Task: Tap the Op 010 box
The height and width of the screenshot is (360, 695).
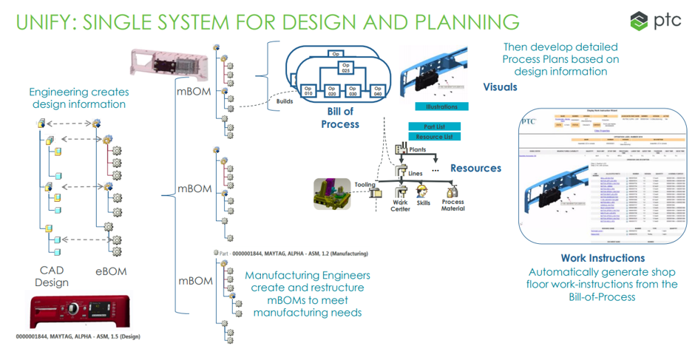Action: coord(309,93)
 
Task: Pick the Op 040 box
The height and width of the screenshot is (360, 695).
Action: coord(378,93)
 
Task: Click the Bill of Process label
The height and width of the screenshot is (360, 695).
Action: coord(339,118)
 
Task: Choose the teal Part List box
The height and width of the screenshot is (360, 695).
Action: coord(435,126)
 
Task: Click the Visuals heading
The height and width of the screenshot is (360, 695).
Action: coord(500,87)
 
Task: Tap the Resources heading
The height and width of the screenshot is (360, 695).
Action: coord(475,168)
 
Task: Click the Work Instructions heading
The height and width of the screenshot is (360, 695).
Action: coord(603,258)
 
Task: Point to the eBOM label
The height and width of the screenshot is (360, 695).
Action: coord(112,271)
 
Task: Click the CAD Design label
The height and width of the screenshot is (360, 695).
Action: coord(51,276)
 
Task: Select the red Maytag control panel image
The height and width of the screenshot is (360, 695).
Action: coord(80,310)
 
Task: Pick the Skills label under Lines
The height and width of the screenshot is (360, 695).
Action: coord(424,203)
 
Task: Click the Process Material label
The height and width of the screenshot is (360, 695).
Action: coord(452,206)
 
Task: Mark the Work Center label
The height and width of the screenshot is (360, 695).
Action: coord(400,206)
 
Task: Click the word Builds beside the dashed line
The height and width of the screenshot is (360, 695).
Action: coord(284,101)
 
